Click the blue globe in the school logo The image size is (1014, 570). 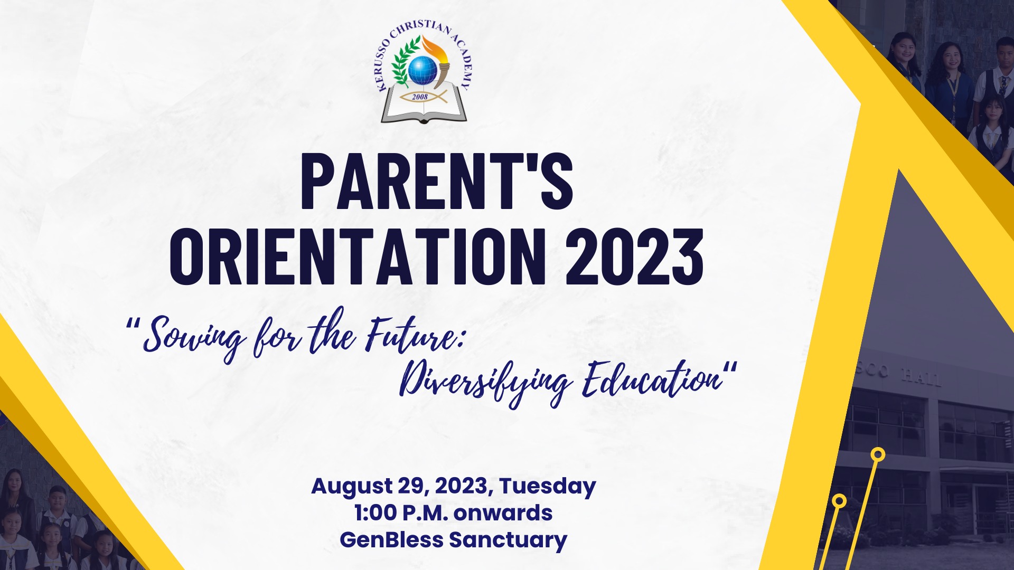422,70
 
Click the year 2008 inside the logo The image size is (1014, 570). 420,97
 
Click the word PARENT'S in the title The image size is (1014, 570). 437,182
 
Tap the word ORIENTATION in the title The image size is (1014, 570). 358,258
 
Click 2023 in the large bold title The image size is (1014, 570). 634,258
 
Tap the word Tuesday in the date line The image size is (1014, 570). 548,487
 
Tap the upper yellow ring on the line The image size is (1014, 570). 878,454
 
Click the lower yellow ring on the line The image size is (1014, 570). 839,501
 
